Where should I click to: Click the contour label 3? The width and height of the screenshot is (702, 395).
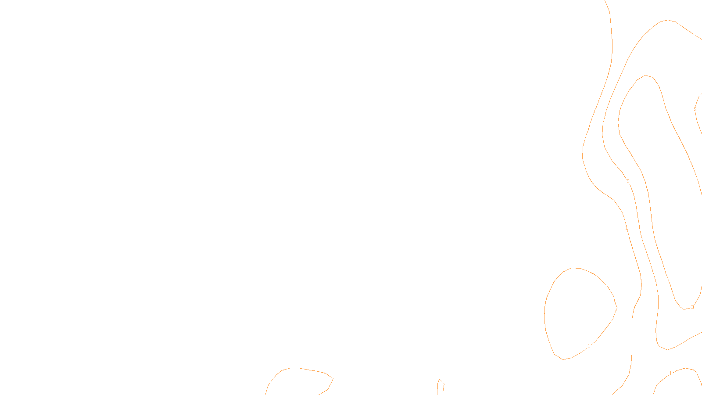tap(692, 307)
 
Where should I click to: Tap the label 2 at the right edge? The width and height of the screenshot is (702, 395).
tap(695, 109)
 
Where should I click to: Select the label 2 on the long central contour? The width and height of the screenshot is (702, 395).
tap(628, 181)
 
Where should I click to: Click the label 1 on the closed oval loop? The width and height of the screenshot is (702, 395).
tap(589, 346)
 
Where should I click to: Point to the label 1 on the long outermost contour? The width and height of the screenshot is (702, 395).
tap(627, 228)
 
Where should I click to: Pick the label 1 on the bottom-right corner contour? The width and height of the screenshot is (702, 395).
tap(670, 373)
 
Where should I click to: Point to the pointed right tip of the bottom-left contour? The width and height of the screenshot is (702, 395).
tap(333, 379)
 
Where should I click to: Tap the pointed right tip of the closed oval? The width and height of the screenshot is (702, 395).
tap(617, 308)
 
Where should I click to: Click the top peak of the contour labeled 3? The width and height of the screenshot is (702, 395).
tap(645, 75)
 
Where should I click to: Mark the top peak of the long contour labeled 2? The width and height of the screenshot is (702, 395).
tap(668, 20)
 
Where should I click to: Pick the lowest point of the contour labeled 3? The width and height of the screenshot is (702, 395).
tap(684, 310)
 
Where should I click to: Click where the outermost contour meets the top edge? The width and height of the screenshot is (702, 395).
tap(605, 0)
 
